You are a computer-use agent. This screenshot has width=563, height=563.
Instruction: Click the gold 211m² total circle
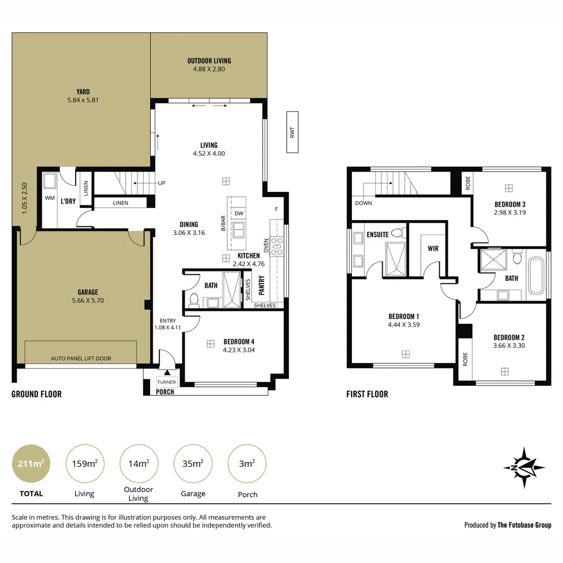31,463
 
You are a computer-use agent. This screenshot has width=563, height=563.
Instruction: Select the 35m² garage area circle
193,463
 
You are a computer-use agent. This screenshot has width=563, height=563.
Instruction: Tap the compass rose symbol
524,467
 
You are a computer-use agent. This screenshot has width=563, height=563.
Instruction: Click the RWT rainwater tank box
292,132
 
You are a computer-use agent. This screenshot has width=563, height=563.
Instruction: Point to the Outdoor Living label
209,61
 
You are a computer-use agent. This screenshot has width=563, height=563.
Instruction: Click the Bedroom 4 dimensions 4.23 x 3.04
239,350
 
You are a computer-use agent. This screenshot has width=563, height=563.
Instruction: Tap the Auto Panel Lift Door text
81,359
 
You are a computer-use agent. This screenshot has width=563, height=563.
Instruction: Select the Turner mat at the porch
167,382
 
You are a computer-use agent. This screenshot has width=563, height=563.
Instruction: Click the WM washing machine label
50,198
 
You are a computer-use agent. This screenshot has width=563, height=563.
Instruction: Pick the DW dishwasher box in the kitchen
239,213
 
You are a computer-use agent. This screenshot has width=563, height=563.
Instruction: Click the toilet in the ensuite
397,233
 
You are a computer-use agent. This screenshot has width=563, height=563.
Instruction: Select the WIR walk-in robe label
433,249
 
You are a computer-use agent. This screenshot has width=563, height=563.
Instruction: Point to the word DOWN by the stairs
363,203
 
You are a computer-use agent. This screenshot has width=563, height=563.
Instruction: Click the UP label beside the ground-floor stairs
162,183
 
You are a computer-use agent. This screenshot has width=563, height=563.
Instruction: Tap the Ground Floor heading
36,394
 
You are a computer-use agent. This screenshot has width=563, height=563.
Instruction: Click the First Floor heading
367,394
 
